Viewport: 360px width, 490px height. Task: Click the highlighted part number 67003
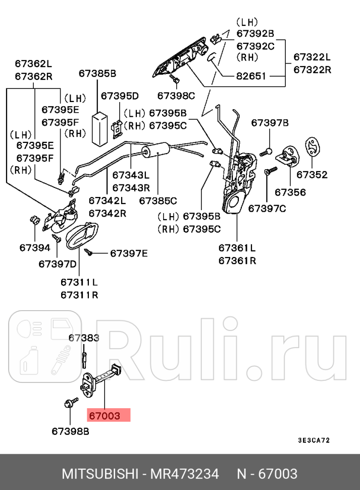pos(105,416)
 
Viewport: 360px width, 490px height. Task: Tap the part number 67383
pos(84,337)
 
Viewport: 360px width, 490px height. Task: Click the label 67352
pos(312,175)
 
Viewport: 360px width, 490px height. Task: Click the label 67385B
pos(97,74)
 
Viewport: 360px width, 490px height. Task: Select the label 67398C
pos(176,95)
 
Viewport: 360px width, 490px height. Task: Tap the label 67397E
pos(129,253)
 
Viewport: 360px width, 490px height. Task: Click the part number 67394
pos(35,248)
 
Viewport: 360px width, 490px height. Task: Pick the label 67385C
pos(158,201)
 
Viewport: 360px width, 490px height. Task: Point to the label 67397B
pos(270,123)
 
